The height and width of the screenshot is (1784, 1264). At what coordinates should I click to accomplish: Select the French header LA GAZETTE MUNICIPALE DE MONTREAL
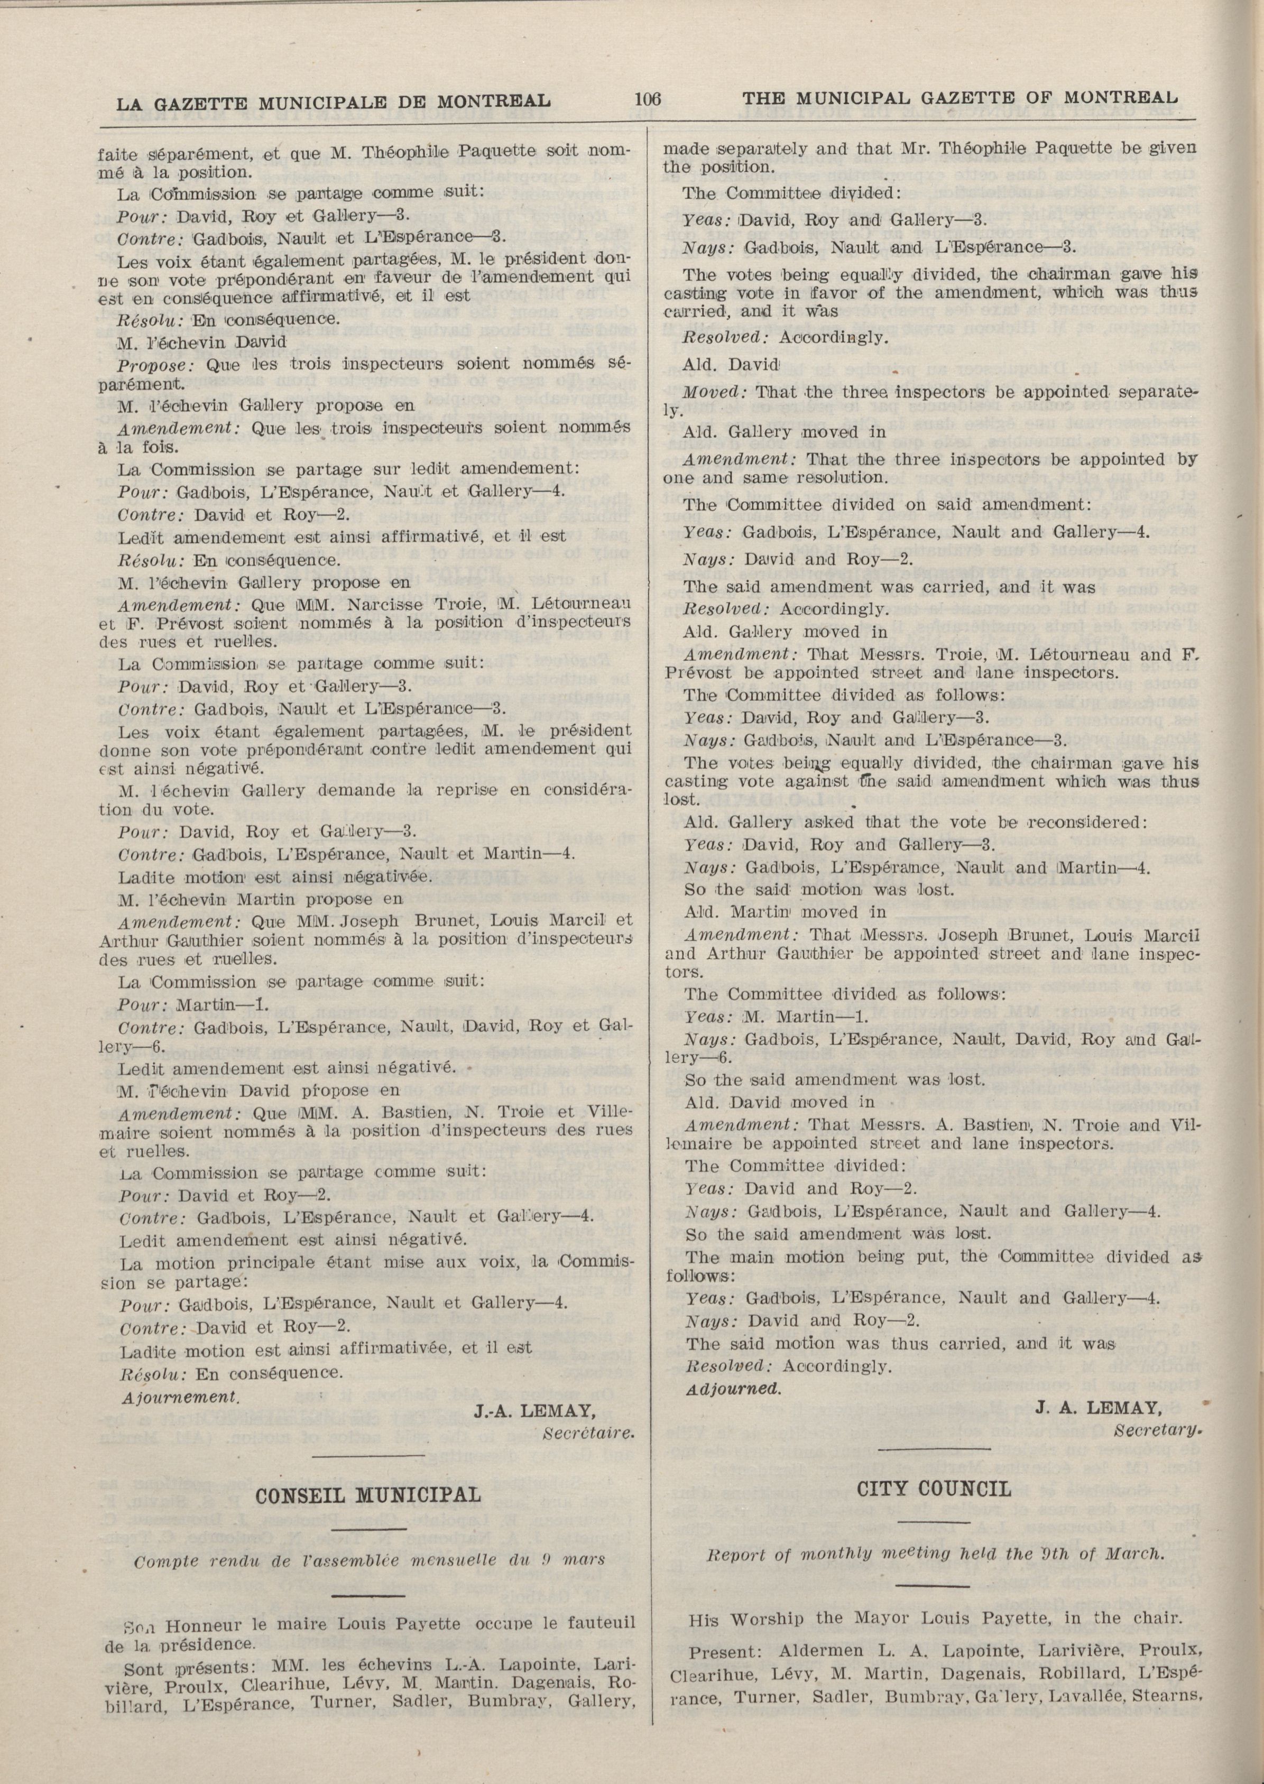click(x=333, y=100)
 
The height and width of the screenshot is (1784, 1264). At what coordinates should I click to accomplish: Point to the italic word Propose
click(x=150, y=364)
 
